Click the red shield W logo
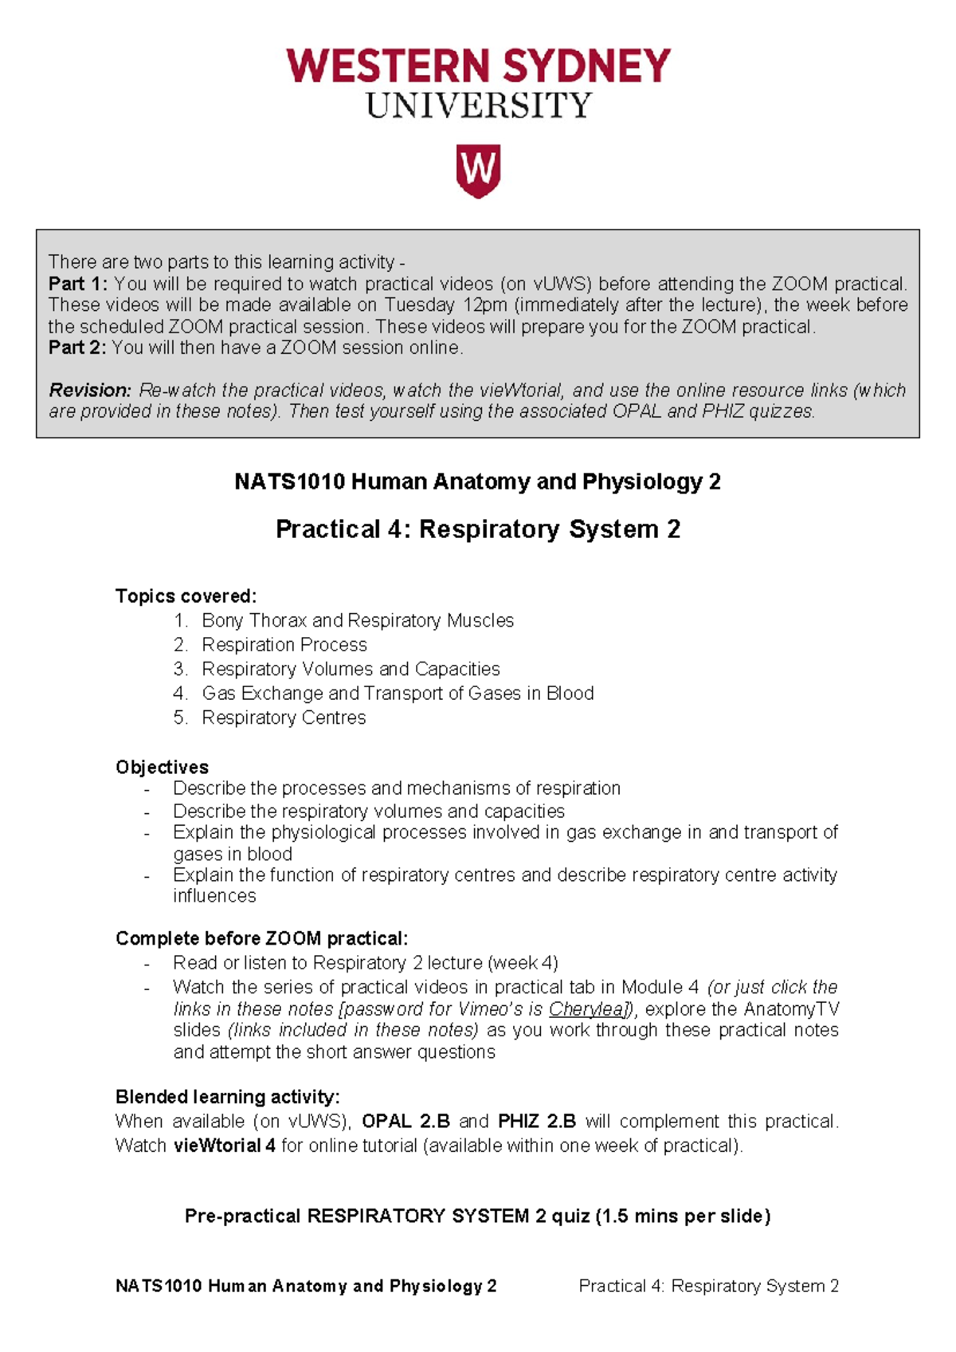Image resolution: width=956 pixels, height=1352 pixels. pyautogui.click(x=478, y=170)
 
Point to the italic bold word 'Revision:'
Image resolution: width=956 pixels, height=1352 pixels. pyautogui.click(x=90, y=391)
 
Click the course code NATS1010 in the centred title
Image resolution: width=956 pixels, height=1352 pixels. pyautogui.click(x=289, y=482)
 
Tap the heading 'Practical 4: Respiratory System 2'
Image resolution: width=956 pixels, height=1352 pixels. pyautogui.click(x=478, y=529)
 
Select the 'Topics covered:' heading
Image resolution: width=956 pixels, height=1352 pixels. pyautogui.click(x=186, y=596)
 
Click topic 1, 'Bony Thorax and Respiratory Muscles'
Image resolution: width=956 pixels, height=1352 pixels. pyautogui.click(x=358, y=621)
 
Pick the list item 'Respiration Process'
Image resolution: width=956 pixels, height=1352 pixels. pyautogui.click(x=284, y=645)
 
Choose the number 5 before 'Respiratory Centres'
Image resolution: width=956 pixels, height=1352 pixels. pyautogui.click(x=180, y=718)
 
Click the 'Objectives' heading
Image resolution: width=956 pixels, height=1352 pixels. pyautogui.click(x=162, y=767)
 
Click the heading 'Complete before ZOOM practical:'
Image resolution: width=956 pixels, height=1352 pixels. pyautogui.click(x=261, y=938)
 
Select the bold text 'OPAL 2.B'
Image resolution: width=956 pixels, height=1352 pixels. pyautogui.click(x=406, y=1122)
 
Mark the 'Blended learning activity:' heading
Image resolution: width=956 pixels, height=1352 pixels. pyautogui.click(x=227, y=1097)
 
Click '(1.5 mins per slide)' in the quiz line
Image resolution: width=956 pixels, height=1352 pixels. pyautogui.click(x=683, y=1216)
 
